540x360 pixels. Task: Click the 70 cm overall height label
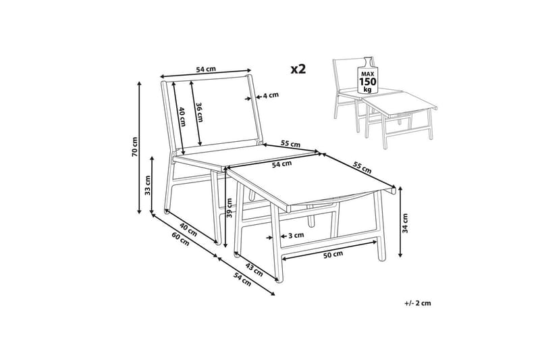[134, 147]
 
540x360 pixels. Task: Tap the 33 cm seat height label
[148, 185]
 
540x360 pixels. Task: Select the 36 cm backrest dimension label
[199, 112]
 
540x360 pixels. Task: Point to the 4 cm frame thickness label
[271, 95]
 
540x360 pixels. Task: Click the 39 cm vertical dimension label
[230, 208]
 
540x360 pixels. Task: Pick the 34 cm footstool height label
[406, 224]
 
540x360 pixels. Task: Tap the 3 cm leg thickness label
[296, 235]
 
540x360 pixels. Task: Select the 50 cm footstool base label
[333, 255]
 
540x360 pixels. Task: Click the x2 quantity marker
[298, 69]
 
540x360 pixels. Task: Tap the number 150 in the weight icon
[368, 82]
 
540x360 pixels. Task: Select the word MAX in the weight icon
[368, 74]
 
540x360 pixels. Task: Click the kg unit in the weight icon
[368, 90]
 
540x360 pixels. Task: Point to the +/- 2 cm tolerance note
[418, 303]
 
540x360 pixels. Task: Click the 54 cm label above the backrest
[206, 69]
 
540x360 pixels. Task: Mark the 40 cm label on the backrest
[182, 117]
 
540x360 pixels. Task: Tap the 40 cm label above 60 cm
[188, 230]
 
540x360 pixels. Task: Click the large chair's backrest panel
[213, 112]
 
